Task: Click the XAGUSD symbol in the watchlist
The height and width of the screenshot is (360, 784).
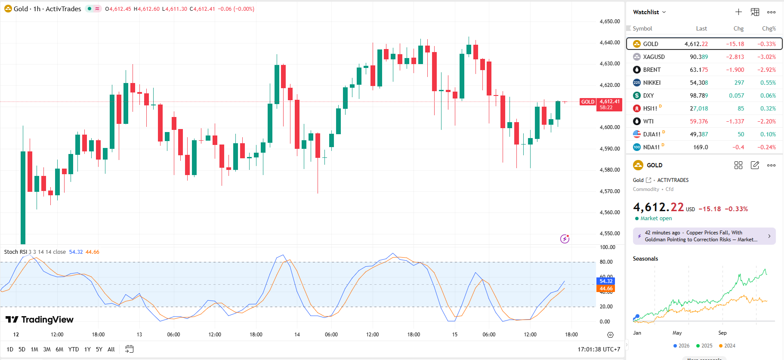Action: click(654, 57)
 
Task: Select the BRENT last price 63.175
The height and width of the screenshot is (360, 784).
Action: click(699, 70)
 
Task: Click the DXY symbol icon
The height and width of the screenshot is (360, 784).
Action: click(637, 95)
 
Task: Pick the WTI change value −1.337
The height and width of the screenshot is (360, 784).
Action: click(735, 121)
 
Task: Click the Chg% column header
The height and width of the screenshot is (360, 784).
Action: click(769, 28)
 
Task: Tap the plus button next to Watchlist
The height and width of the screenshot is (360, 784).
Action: click(738, 12)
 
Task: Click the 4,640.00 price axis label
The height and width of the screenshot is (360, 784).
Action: click(610, 43)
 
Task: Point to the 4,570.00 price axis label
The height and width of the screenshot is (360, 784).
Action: click(610, 191)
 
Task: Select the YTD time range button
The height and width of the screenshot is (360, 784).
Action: click(74, 349)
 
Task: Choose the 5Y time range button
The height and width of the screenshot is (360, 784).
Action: click(99, 349)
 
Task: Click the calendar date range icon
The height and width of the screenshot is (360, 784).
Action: click(129, 349)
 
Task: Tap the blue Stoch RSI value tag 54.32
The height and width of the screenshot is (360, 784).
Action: click(606, 281)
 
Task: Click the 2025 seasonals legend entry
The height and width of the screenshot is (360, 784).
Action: click(704, 346)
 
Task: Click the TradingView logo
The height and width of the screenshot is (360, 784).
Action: click(40, 320)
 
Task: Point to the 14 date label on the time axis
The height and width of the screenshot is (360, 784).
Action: click(297, 335)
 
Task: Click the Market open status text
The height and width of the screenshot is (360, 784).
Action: click(656, 218)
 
